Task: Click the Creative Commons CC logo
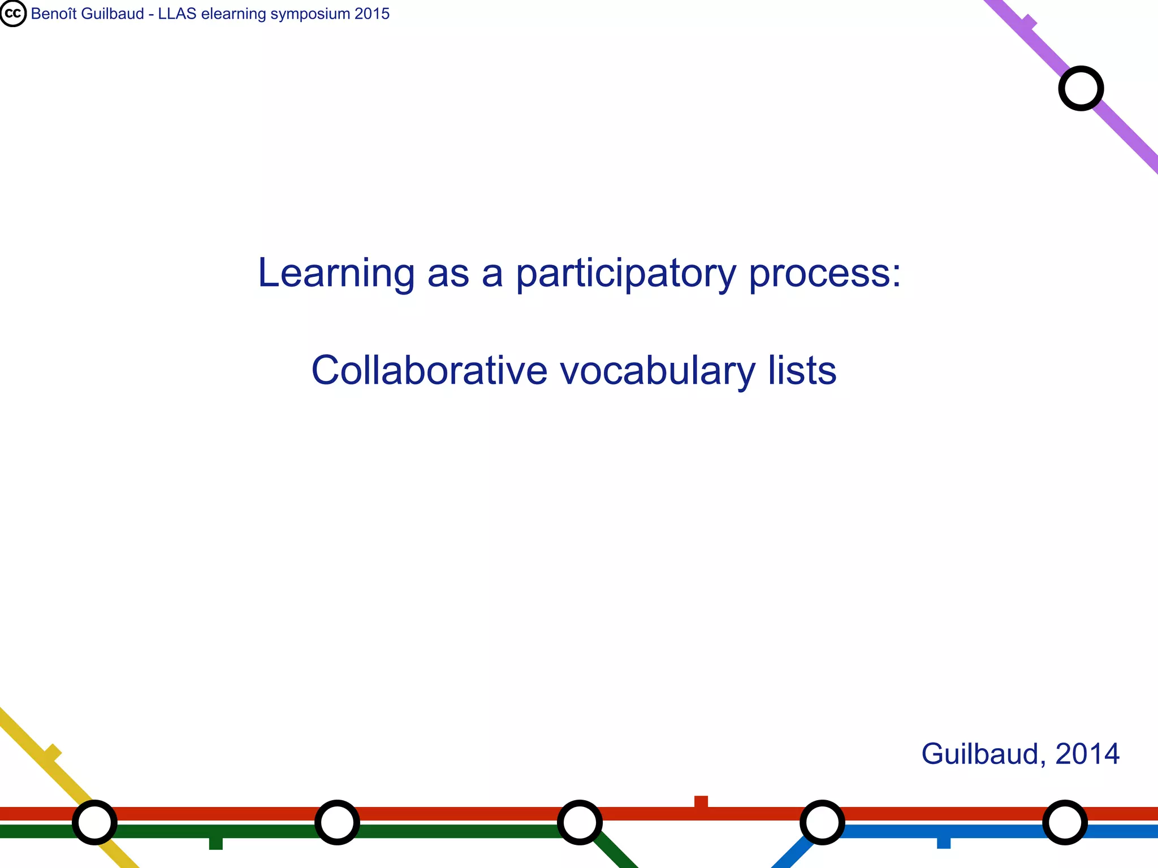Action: pos(13,14)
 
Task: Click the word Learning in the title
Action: pos(336,273)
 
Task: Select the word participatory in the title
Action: pos(626,274)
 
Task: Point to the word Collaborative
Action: pos(429,371)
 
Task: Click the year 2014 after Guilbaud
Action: pos(1087,754)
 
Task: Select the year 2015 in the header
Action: pos(372,14)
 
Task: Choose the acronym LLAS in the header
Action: pos(177,14)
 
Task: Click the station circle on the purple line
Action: pos(1081,88)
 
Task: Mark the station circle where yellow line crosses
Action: pos(94,822)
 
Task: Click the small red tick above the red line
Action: pos(701,801)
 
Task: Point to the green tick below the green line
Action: pos(215,843)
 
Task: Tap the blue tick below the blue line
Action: pos(944,843)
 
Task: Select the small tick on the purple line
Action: pos(1029,23)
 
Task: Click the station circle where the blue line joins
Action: pos(822,822)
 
